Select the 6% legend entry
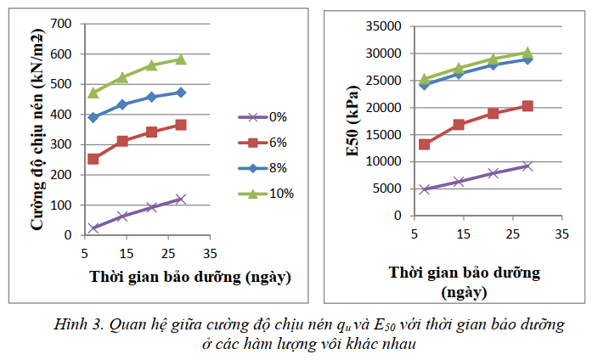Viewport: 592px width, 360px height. (264, 143)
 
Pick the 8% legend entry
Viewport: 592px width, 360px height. (264, 168)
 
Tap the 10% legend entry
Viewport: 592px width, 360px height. (264, 194)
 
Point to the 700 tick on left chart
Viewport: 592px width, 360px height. (60, 23)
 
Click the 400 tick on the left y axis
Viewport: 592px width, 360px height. (60, 115)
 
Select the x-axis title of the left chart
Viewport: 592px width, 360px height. (190, 277)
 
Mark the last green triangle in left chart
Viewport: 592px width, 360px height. (180, 59)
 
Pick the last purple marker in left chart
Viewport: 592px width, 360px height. (180, 200)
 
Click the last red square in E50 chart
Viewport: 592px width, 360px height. (527, 106)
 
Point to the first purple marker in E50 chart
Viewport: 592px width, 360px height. (425, 189)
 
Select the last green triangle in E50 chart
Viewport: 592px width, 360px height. (527, 53)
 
